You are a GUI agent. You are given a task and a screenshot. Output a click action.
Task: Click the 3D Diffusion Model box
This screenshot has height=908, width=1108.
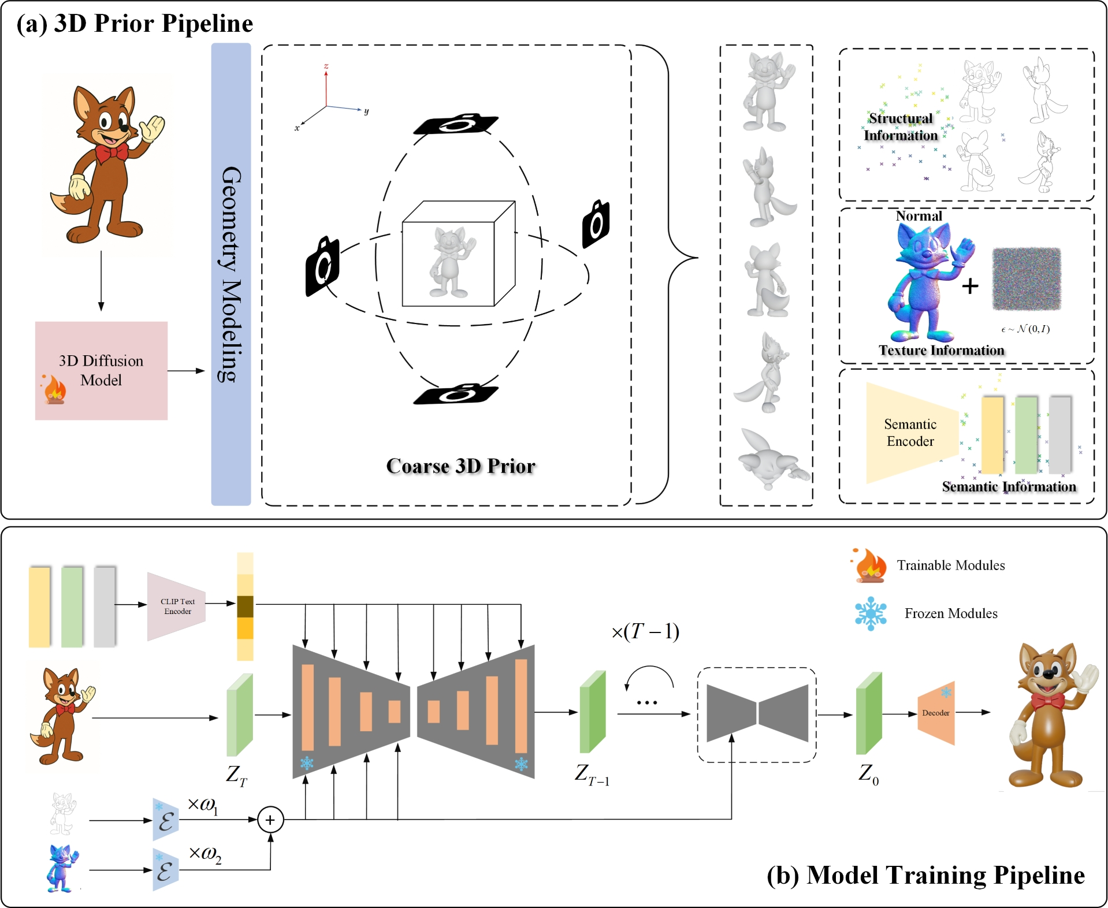[101, 370]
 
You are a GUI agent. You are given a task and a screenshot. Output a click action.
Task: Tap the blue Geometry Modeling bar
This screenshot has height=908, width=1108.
[230, 274]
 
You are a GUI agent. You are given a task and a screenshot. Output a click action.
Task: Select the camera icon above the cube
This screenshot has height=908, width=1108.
[456, 123]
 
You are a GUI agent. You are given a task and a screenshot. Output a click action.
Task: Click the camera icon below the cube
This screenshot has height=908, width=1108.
[456, 394]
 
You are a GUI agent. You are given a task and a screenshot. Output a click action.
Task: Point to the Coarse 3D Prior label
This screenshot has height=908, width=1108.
[460, 466]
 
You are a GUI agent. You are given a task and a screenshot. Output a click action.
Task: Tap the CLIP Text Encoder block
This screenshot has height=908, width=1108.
[177, 606]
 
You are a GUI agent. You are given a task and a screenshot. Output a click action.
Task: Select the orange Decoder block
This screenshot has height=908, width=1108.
[936, 713]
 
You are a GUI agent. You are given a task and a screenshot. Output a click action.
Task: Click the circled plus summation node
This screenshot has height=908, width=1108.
[270, 820]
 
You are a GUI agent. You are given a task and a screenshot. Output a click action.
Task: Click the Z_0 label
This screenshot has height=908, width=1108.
[868, 774]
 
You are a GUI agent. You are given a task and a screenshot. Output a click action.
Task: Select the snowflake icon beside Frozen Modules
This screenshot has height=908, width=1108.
[871, 613]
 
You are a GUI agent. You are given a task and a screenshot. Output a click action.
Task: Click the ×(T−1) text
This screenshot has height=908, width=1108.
[645, 631]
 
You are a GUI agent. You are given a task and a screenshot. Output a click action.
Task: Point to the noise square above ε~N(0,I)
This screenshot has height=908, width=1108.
[1027, 279]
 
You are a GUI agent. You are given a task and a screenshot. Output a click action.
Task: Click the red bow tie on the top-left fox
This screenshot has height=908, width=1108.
[111, 153]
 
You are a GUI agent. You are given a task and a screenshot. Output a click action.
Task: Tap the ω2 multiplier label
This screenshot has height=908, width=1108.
[205, 854]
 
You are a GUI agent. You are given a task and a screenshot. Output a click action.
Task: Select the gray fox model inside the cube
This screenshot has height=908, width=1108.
[451, 261]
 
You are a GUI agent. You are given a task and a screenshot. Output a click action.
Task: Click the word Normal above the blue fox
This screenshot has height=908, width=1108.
[919, 216]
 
